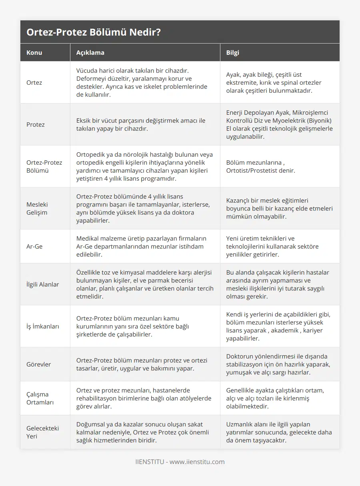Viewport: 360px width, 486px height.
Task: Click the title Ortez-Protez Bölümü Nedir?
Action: point(94,32)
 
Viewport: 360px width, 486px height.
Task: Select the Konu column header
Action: point(34,52)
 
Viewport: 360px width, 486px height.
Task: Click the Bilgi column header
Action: point(233,52)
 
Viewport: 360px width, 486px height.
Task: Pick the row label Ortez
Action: point(34,83)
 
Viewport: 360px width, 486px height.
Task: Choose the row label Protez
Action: point(36,125)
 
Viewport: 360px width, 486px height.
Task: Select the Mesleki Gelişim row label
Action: point(37,208)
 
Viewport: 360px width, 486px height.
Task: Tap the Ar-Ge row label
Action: point(34,247)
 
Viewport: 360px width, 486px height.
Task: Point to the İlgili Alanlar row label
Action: point(42,285)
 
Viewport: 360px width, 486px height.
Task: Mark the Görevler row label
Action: point(38,364)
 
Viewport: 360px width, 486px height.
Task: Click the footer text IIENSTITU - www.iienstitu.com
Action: point(180,462)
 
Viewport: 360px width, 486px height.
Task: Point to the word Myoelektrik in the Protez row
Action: point(301,121)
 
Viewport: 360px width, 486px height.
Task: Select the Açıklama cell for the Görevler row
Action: point(142,364)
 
